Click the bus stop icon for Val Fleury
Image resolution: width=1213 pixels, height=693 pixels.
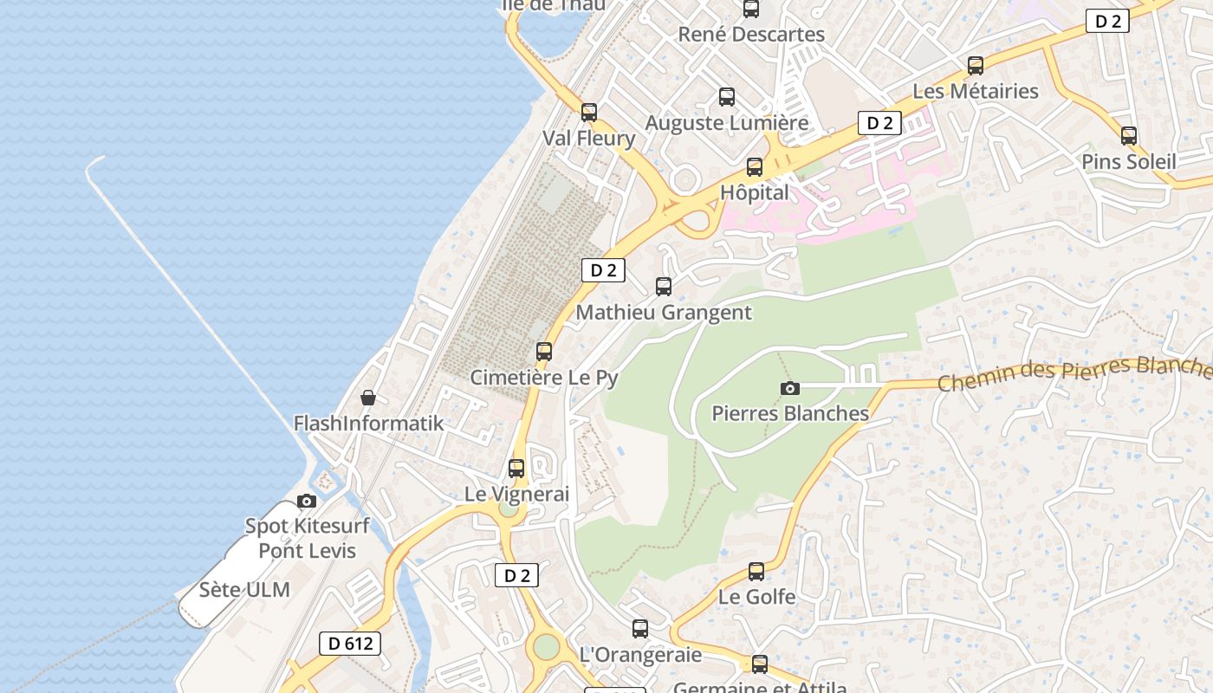point(589,113)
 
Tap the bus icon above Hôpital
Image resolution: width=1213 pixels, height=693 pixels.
point(755,167)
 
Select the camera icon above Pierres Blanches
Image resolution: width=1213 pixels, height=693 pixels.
point(789,388)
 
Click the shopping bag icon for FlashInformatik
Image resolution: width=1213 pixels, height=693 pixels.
point(368,398)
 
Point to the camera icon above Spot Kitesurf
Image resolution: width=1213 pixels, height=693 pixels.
point(306,501)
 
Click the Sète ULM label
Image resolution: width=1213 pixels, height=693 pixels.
point(244,590)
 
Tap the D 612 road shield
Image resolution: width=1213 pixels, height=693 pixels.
point(350,643)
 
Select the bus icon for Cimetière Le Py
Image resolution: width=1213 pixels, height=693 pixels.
point(544,352)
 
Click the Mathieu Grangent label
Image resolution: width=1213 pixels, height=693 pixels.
point(664,312)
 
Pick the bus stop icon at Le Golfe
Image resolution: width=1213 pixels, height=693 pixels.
point(756,572)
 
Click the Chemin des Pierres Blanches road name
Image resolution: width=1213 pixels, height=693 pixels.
point(1074,373)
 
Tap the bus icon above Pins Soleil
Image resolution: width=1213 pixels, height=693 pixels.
point(1129,136)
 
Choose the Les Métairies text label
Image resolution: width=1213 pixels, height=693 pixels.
point(976,91)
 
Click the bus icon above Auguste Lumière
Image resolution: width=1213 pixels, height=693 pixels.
point(727,97)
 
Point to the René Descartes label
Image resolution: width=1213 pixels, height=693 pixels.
point(751,35)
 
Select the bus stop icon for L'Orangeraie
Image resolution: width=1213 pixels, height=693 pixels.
point(640,629)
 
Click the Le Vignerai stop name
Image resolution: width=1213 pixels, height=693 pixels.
point(517,494)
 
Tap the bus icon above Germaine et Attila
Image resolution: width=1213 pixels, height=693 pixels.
point(760,664)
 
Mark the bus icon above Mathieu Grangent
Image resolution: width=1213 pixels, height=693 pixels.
point(664,286)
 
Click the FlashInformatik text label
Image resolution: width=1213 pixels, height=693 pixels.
point(368,424)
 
